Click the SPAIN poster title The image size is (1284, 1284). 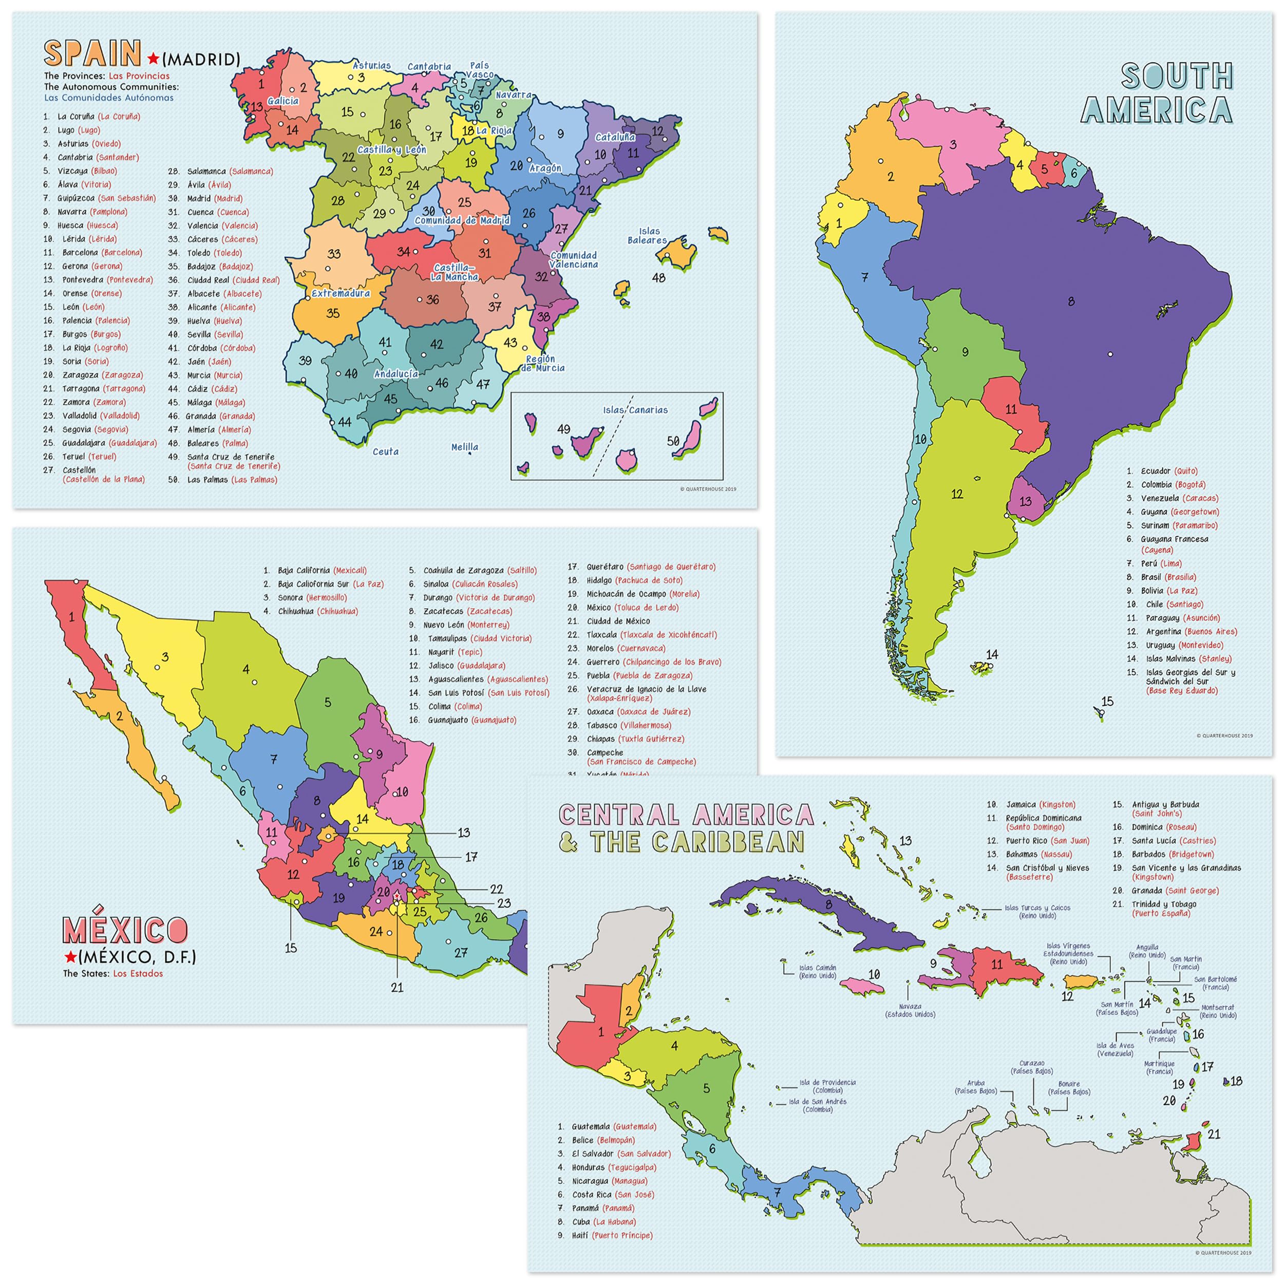(92, 53)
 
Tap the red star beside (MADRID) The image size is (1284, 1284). (154, 59)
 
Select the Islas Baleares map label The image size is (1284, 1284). (648, 236)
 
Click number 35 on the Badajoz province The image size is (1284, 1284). (333, 313)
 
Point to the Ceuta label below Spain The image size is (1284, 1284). (386, 452)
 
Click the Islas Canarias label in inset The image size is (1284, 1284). (635, 410)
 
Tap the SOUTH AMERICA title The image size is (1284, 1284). (1157, 93)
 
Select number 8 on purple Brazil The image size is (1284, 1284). (1071, 301)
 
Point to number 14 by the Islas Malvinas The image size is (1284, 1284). (992, 655)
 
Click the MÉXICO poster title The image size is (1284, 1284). (125, 929)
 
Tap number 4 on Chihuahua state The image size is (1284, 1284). (246, 669)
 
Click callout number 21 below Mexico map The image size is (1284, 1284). (397, 988)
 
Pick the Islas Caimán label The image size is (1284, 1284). (818, 972)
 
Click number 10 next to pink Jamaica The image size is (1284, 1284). (874, 974)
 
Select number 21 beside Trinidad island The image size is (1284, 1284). (1214, 1135)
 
